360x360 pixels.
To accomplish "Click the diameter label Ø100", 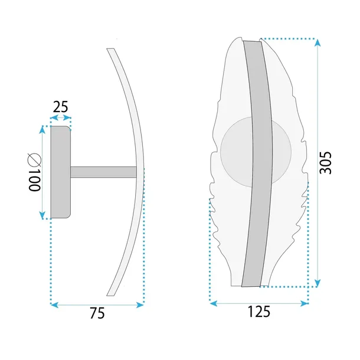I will [33, 172].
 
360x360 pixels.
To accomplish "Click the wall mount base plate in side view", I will [61, 172].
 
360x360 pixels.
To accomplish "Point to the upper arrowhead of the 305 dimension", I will [318, 42].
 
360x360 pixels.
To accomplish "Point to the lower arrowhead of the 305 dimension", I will [318, 284].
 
